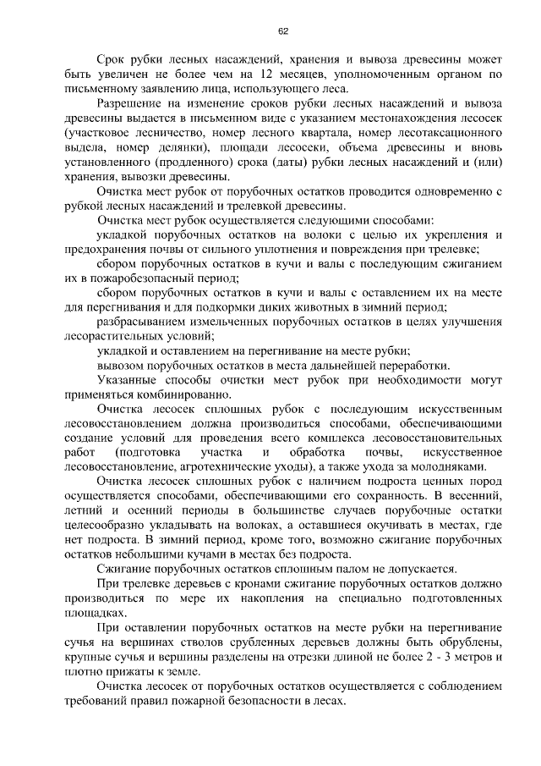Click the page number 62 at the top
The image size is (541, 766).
point(283,31)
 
